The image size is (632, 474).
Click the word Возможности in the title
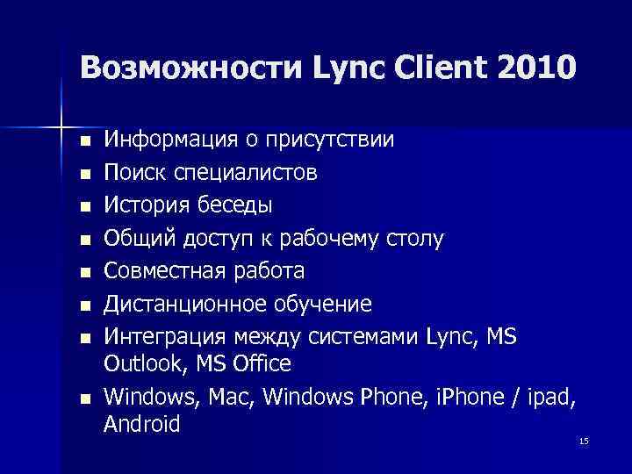coord(189,67)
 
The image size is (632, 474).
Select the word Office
coord(259,363)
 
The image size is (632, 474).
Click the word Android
coord(141,425)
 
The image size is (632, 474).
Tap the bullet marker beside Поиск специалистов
coord(83,174)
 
